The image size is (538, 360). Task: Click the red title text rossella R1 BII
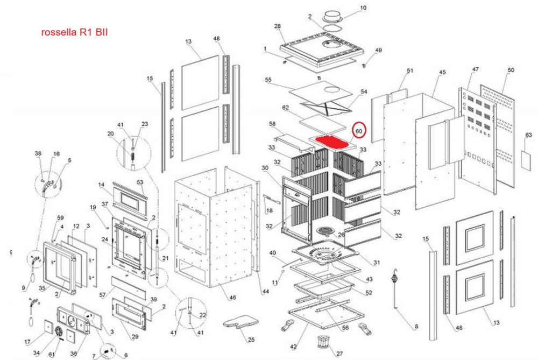(75, 32)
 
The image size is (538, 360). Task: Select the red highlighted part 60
(332, 143)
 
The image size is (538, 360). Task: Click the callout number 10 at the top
(363, 8)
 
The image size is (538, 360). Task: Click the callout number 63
(528, 135)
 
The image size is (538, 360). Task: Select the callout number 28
(278, 26)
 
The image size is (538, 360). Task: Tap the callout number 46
(232, 298)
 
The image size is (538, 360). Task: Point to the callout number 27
(339, 354)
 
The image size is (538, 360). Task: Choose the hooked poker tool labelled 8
(397, 288)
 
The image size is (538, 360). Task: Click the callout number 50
(511, 70)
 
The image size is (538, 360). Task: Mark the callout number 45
(442, 72)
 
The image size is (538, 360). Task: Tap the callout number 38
(38, 153)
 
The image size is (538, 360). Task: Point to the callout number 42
(294, 346)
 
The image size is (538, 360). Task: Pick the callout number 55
(268, 80)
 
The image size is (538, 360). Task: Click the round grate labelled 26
(326, 232)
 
